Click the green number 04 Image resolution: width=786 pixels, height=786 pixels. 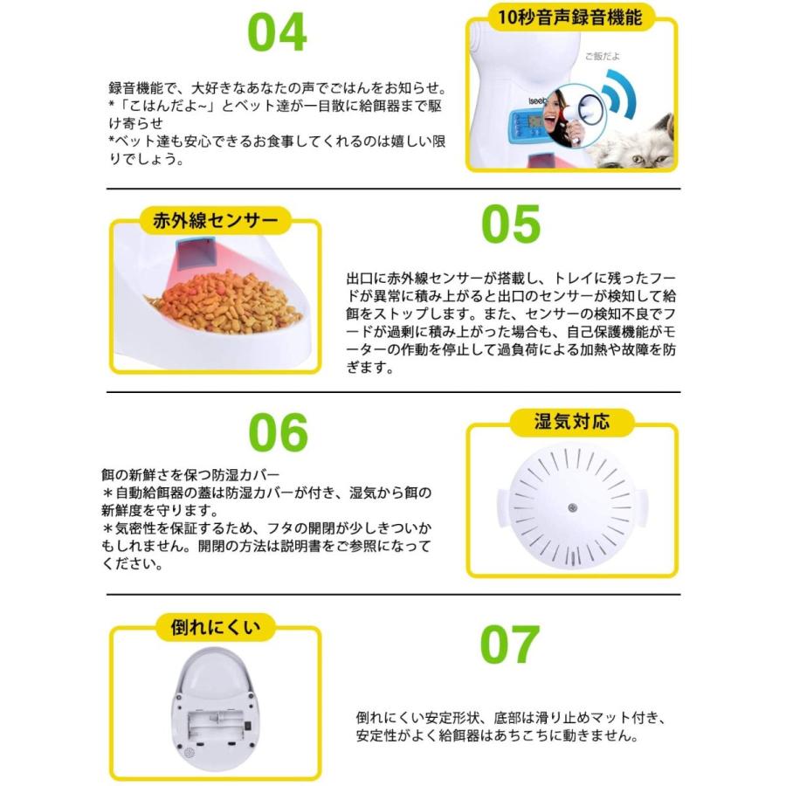pyautogui.click(x=277, y=32)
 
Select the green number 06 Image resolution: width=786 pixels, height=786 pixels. pyautogui.click(x=279, y=431)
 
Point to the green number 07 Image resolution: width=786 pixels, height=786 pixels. pyautogui.click(x=510, y=645)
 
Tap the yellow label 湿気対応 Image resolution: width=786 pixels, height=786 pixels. pyautogui.click(x=572, y=423)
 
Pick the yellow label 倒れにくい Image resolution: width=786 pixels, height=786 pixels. pyautogui.click(x=214, y=625)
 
